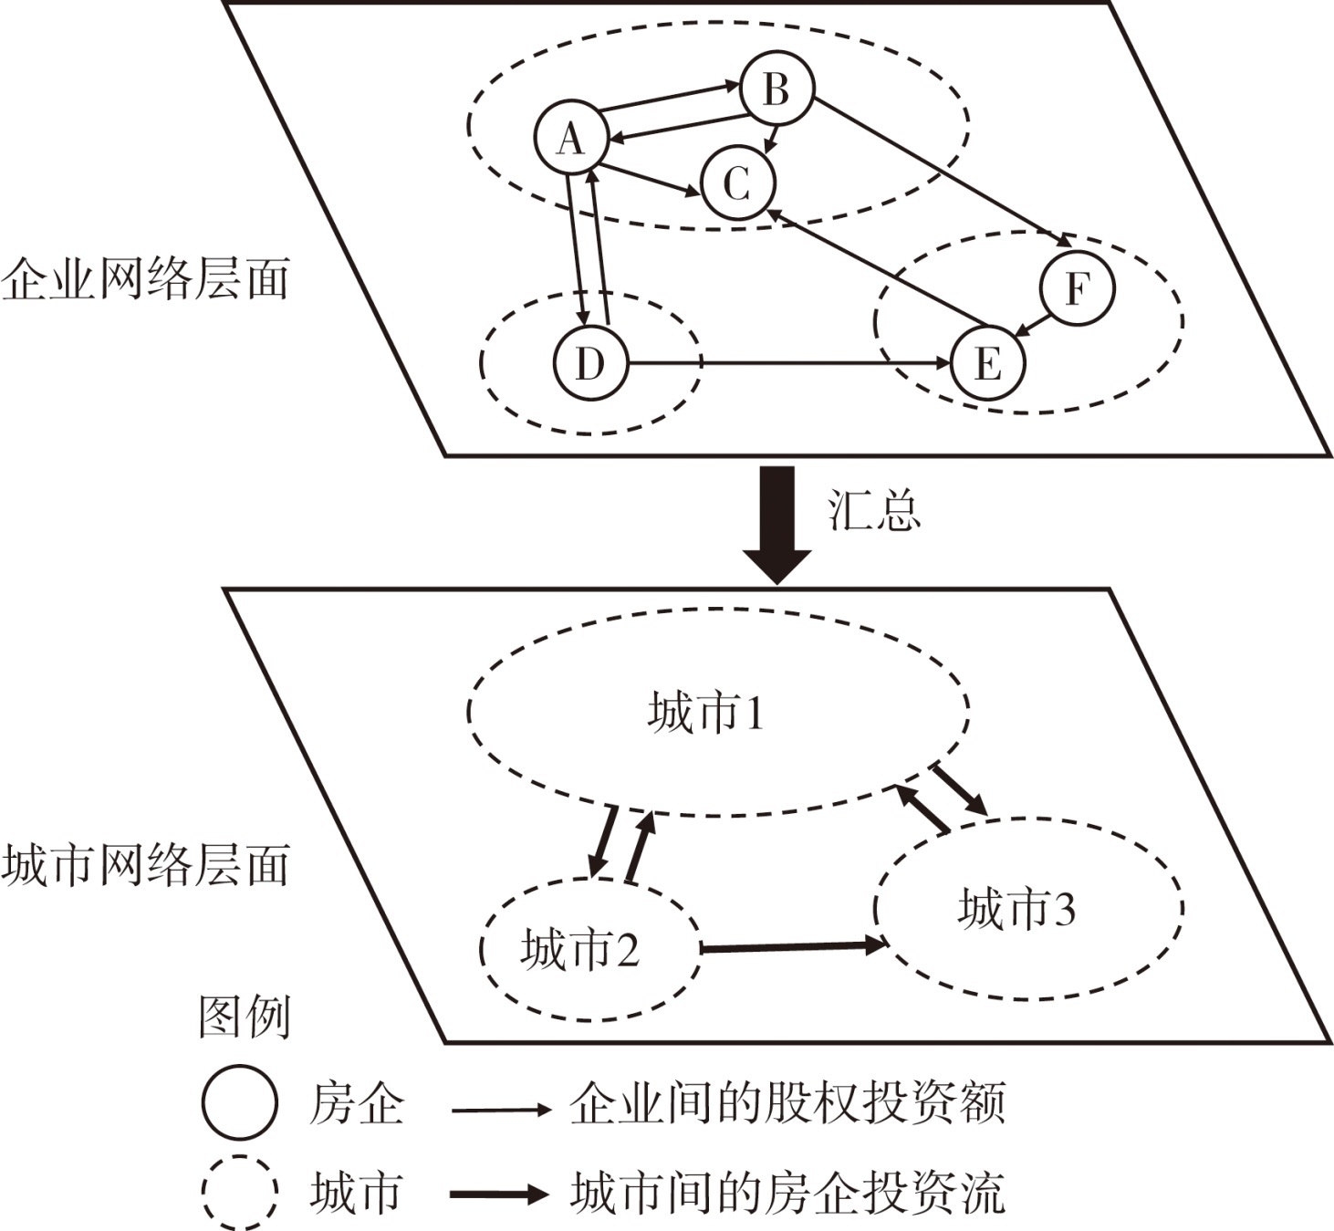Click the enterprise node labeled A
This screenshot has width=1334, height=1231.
(571, 140)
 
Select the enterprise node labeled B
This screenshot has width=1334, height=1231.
(776, 89)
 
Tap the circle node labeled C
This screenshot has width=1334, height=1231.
(737, 183)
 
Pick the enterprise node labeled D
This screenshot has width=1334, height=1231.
(590, 363)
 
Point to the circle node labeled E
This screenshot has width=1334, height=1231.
(988, 363)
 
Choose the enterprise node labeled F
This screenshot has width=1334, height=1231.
(1078, 288)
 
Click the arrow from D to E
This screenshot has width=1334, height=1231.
(789, 363)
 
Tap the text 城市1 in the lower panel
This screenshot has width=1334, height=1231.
(705, 713)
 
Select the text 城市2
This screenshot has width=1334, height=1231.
(579, 950)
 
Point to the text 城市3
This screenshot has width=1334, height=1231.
(1016, 909)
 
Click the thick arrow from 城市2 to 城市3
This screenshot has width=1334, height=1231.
(792, 947)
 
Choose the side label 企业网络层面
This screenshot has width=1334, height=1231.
(145, 278)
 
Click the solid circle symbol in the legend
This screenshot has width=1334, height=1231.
(239, 1102)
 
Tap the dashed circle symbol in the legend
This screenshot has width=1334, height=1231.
(239, 1193)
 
